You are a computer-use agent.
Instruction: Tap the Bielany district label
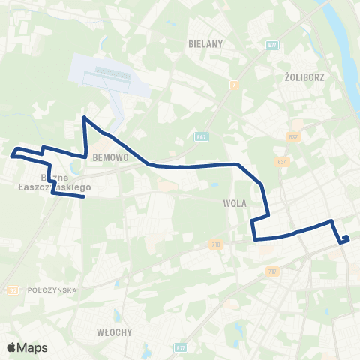click(206, 44)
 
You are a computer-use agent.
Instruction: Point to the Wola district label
click(235, 202)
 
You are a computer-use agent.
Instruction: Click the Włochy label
click(114, 331)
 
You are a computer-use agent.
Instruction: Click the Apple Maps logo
click(26, 347)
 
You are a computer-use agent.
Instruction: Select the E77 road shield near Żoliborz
click(271, 45)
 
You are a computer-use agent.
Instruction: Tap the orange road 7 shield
click(234, 84)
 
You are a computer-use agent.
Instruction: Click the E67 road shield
click(200, 137)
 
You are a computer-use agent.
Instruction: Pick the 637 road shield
click(292, 136)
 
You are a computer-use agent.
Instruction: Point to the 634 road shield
click(282, 161)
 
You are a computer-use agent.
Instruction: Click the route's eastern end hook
click(346, 238)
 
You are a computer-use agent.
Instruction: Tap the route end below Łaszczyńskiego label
click(82, 197)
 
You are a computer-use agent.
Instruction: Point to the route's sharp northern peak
click(83, 118)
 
